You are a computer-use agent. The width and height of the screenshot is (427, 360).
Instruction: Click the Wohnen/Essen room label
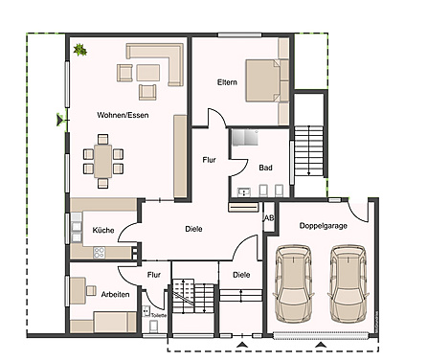point(123,115)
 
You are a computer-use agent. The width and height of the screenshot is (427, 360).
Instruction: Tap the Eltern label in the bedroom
point(227,82)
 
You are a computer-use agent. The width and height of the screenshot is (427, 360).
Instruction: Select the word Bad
point(265,168)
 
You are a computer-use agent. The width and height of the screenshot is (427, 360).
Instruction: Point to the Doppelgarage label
point(324,226)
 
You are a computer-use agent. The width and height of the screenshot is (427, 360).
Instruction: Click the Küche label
point(103,230)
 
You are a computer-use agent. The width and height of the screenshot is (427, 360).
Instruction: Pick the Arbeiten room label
point(115,294)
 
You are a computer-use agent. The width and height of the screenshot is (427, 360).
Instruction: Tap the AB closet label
point(269,218)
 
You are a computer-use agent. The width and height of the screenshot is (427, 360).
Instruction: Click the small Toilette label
point(159,315)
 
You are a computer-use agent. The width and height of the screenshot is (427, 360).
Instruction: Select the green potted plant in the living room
point(79,50)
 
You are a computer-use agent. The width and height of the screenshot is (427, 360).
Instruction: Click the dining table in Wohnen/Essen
point(102,161)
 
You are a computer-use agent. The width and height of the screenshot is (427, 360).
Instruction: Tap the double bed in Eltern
point(262,80)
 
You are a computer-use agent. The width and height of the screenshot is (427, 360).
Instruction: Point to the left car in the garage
point(293,283)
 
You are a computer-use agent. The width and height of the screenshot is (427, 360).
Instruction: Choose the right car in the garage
point(348,283)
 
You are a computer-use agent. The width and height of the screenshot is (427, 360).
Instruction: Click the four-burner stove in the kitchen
point(100,253)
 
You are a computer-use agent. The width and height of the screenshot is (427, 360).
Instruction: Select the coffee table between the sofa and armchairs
point(148,73)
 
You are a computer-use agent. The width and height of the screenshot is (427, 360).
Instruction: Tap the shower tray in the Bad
point(245,137)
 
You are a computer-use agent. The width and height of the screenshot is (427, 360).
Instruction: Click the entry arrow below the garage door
point(321,345)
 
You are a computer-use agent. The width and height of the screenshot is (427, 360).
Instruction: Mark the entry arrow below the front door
point(242,345)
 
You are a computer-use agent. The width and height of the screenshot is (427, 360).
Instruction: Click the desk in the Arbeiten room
point(78,290)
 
